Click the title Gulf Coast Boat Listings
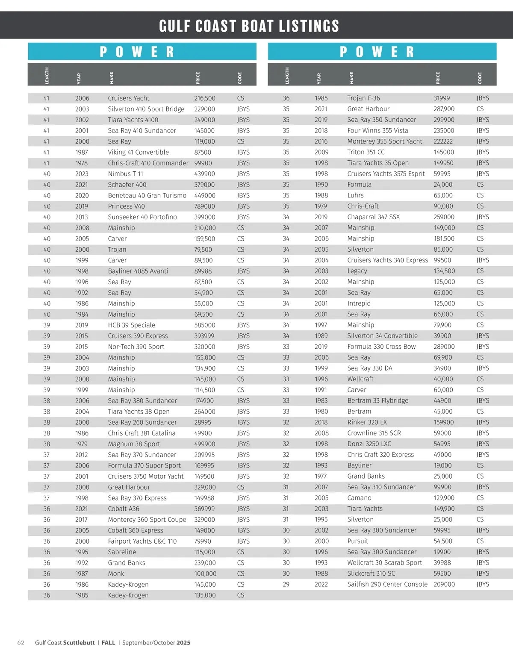point(249,26)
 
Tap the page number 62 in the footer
point(21,642)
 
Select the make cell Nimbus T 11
point(125,174)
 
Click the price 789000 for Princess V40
point(204,206)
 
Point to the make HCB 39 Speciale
point(131,325)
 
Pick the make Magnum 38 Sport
point(134,444)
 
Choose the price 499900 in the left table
point(204,444)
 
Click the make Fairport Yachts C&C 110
point(142,541)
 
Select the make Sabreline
point(122,552)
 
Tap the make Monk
point(116,574)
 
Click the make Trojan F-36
point(363,98)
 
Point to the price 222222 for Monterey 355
point(443,141)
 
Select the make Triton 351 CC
point(366,152)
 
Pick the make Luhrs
point(355,195)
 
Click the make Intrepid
point(359,303)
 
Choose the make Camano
point(359,498)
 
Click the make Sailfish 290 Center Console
point(387,584)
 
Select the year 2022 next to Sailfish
point(321,584)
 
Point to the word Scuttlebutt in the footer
point(79,642)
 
